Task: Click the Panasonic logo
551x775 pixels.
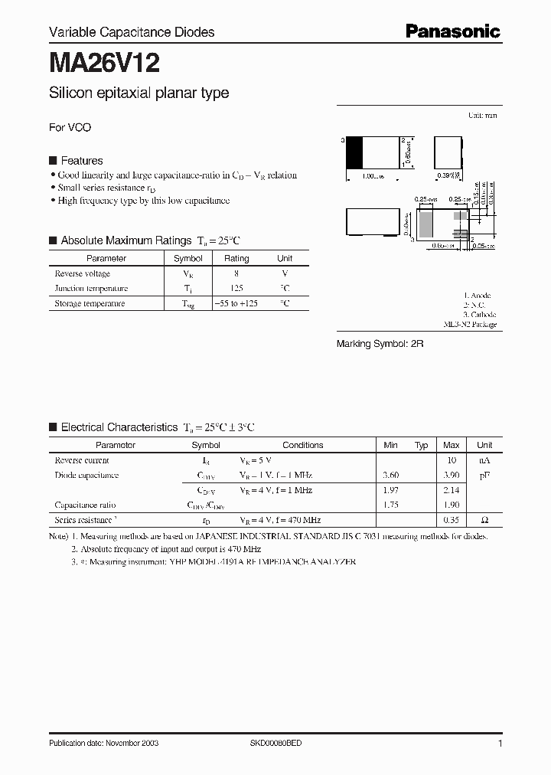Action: click(x=452, y=31)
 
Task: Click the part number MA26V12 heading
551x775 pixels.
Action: click(x=104, y=62)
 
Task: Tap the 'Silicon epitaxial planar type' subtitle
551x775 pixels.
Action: click(x=139, y=93)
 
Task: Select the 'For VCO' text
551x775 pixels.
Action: click(x=70, y=127)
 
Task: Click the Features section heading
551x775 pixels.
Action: click(x=81, y=161)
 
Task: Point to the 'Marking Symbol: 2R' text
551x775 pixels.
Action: click(x=380, y=344)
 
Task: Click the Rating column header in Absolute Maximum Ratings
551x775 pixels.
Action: click(x=236, y=259)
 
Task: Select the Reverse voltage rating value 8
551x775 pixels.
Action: click(x=236, y=273)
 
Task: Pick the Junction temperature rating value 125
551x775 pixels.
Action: click(x=236, y=289)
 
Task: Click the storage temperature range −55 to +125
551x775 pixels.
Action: click(x=236, y=303)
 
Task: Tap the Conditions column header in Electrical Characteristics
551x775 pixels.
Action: click(x=303, y=445)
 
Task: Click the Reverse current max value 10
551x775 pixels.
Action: click(x=452, y=460)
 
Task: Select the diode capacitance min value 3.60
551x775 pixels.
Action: click(x=390, y=476)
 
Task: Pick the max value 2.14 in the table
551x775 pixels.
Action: click(x=452, y=490)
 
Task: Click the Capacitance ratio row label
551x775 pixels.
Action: click(x=86, y=505)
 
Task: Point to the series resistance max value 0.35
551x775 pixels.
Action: click(x=452, y=520)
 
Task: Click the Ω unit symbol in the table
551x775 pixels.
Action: click(x=484, y=520)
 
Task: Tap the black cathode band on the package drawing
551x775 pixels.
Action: click(x=355, y=153)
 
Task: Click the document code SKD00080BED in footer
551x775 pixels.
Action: click(x=276, y=744)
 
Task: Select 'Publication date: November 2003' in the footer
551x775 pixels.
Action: click(x=103, y=744)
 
